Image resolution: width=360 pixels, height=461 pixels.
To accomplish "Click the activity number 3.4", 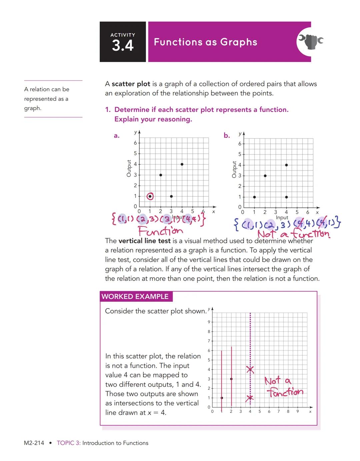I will point(123,45).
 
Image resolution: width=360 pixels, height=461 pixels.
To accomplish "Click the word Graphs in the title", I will point(239,42).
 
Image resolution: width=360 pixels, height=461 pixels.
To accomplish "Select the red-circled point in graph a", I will point(150,196).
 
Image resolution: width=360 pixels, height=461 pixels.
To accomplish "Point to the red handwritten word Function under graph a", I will point(160,231).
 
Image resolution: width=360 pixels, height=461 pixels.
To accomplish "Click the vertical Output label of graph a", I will point(129,168).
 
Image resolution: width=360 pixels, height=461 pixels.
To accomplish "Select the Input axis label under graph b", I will point(282,217).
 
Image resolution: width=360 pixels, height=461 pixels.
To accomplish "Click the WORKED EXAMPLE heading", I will point(135,296).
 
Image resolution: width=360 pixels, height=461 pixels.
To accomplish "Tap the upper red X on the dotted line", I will point(250,369).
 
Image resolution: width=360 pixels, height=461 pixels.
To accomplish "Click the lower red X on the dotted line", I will point(250,398).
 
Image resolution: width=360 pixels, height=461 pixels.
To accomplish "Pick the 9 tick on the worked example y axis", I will point(209,322).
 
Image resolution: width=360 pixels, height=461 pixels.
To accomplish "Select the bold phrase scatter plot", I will point(131,84).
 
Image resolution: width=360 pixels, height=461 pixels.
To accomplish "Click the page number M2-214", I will point(34,443).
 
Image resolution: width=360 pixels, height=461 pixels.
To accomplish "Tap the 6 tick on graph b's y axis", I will point(240,144).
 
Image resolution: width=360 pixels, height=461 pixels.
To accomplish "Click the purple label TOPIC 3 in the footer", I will point(68,443).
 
